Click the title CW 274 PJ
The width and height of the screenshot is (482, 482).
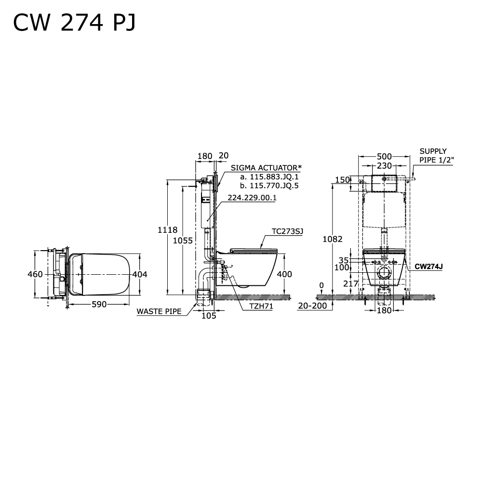74,22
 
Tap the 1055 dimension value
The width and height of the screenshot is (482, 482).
184,240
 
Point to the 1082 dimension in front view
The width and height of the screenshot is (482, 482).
334,239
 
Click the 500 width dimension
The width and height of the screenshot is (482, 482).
384,156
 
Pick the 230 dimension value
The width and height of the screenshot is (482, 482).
384,165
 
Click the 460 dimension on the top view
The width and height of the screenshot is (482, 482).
36,274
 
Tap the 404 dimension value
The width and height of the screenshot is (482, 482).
139,274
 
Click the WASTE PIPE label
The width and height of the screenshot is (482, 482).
159,311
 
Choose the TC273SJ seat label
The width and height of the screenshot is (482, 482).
287,231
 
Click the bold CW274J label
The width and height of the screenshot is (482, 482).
428,266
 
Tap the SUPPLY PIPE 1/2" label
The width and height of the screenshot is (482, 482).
436,156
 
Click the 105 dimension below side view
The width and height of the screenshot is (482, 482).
208,316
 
